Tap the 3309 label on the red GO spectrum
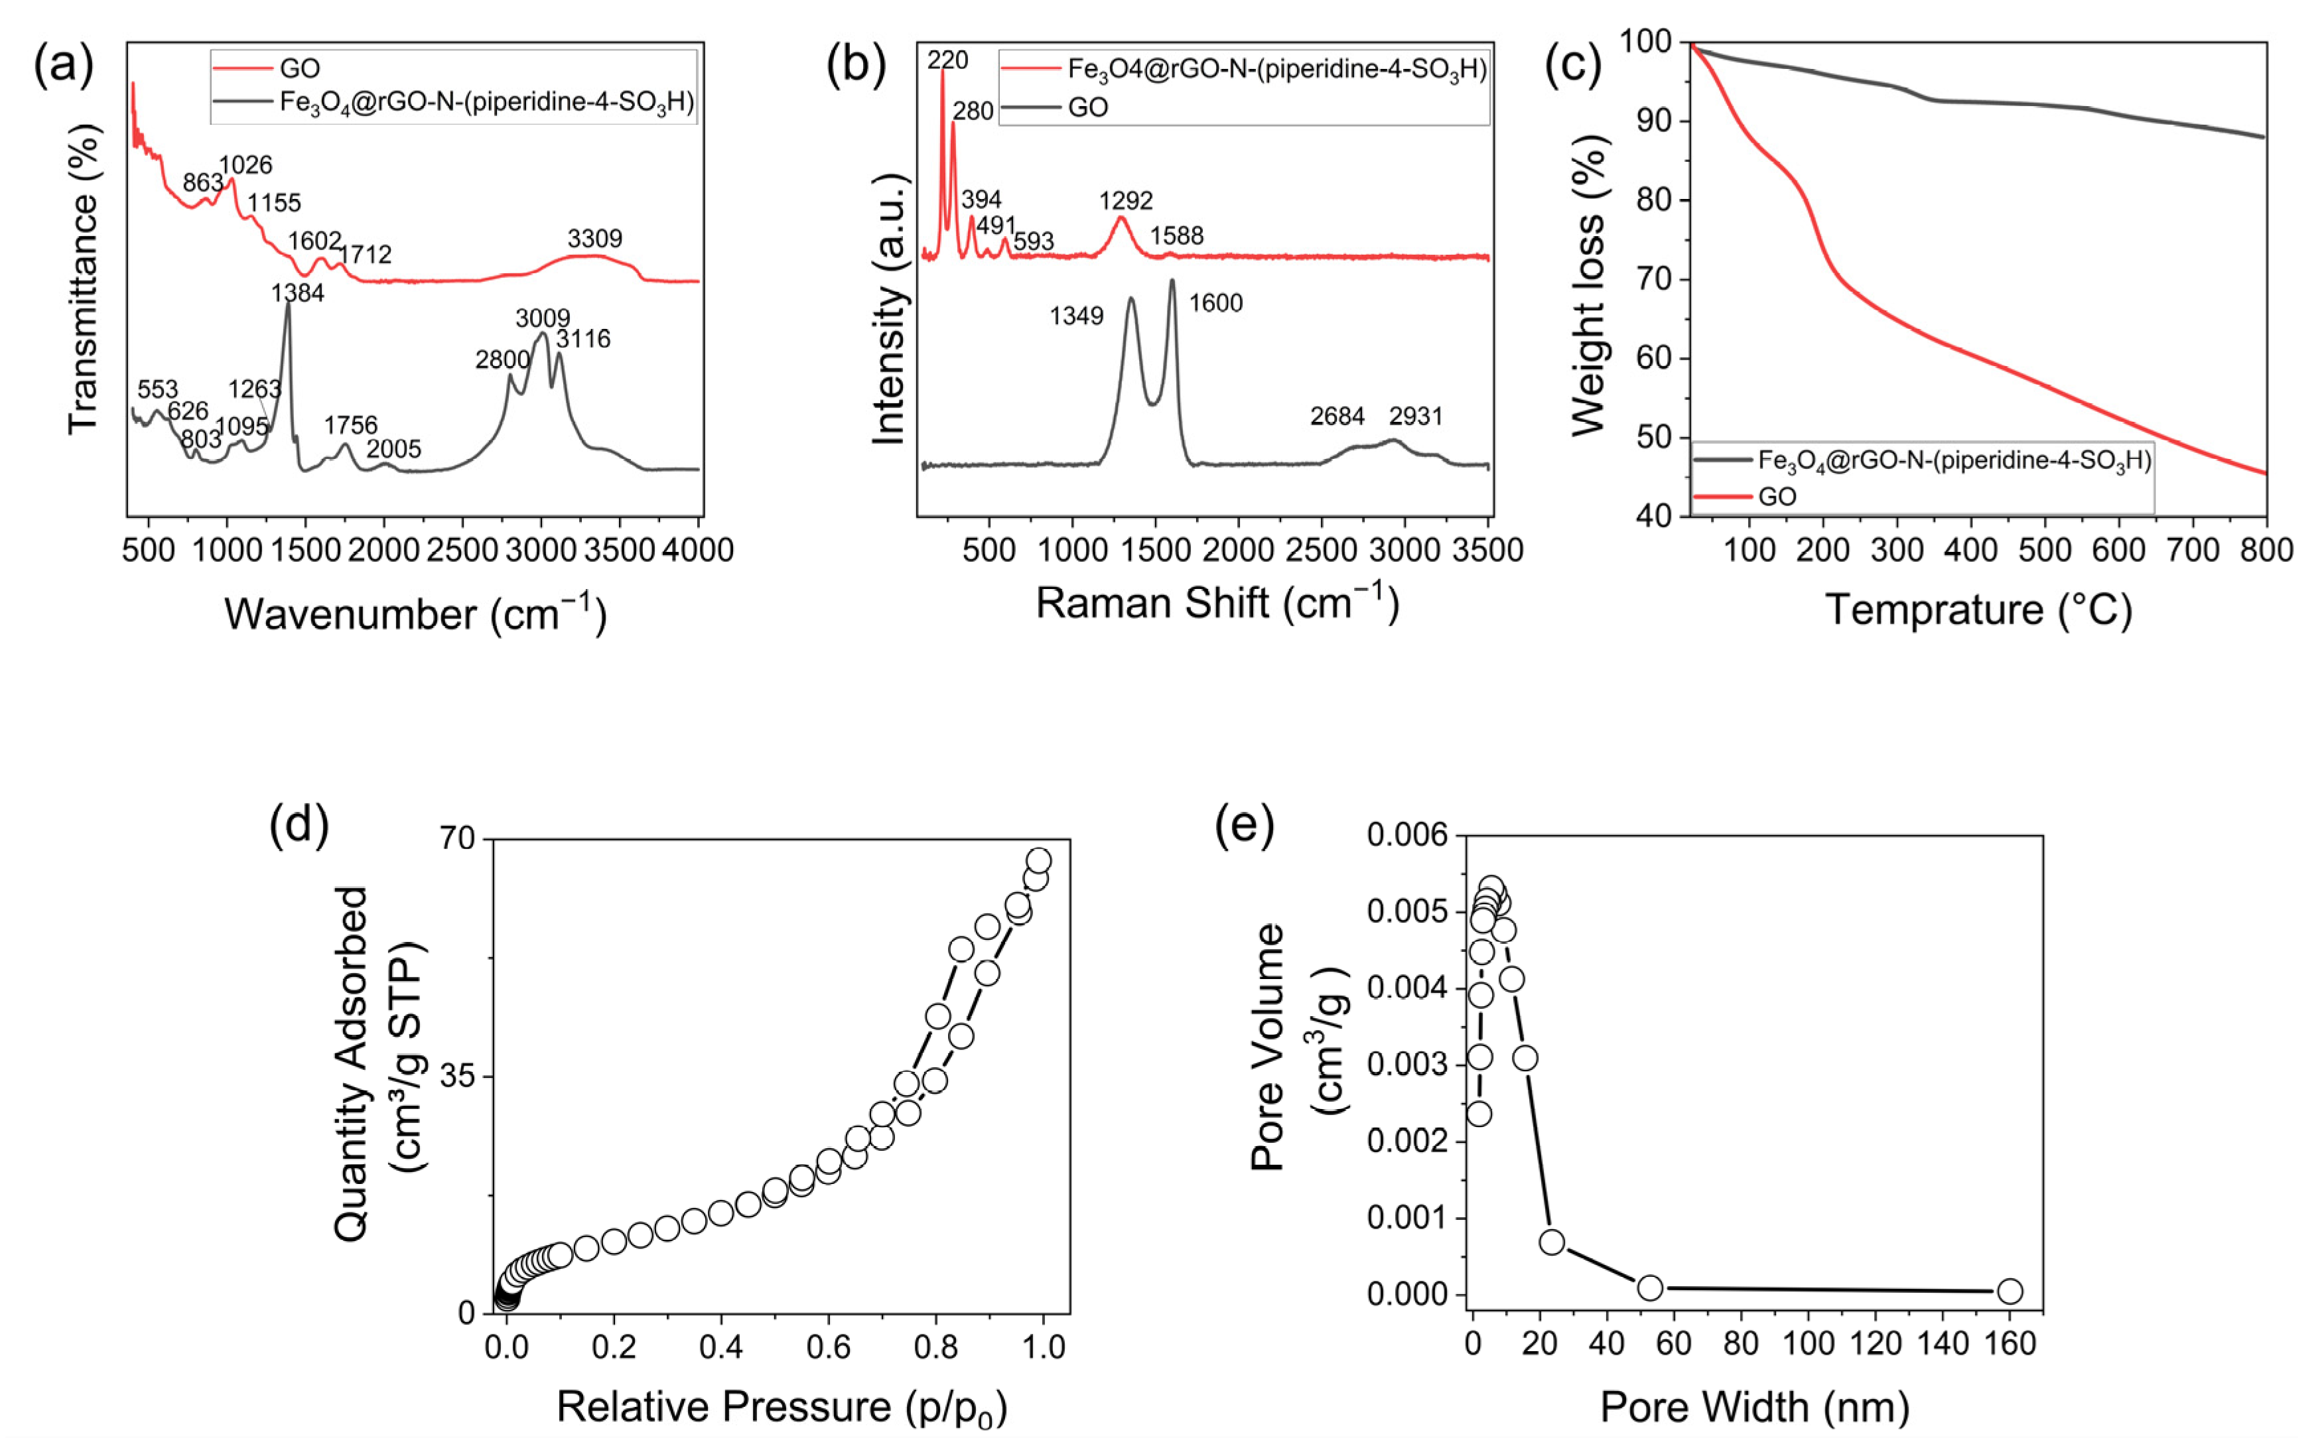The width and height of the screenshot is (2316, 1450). [594, 238]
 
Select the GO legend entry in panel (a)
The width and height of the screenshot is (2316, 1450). [299, 68]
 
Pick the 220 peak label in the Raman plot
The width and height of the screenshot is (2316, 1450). [947, 60]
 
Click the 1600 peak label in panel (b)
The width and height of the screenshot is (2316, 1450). [1215, 303]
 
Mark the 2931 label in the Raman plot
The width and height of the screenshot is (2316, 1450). [1416, 416]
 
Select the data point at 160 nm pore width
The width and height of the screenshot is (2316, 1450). [2010, 1291]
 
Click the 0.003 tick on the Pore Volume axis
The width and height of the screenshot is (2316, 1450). [1410, 1065]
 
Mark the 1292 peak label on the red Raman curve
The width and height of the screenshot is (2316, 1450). [1126, 200]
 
